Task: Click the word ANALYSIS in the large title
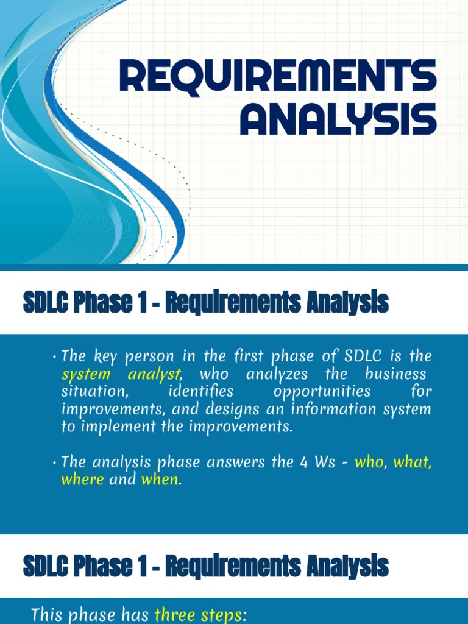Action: pos(338,119)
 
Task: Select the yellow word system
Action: pos(86,374)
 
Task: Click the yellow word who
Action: pos(369,462)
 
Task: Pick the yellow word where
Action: pos(82,480)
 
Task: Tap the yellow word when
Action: pos(160,480)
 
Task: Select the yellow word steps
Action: pos(221,615)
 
